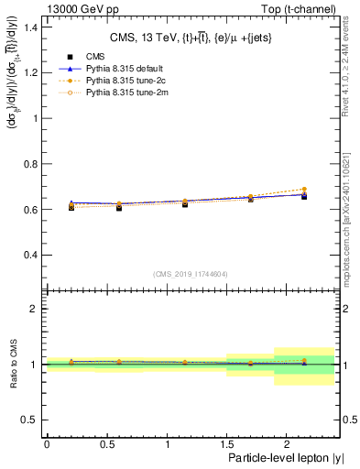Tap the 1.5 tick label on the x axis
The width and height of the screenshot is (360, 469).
(227, 443)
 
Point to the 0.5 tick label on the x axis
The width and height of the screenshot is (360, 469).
(106, 443)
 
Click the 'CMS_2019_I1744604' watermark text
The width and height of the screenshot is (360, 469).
(190, 273)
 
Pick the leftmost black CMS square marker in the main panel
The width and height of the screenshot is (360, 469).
(71, 208)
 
